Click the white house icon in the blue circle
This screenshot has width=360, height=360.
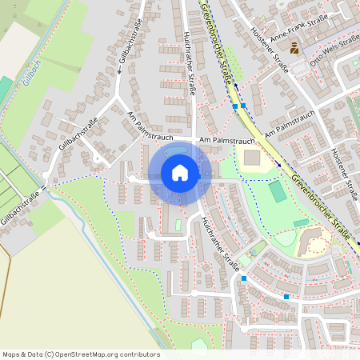click(179, 173)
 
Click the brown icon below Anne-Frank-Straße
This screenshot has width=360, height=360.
click(294, 49)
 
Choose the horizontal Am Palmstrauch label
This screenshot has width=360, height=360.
click(227, 141)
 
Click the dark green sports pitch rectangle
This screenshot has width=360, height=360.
click(277, 192)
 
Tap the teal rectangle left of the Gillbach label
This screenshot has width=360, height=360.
click(6, 88)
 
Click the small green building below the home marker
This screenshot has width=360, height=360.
click(178, 226)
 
